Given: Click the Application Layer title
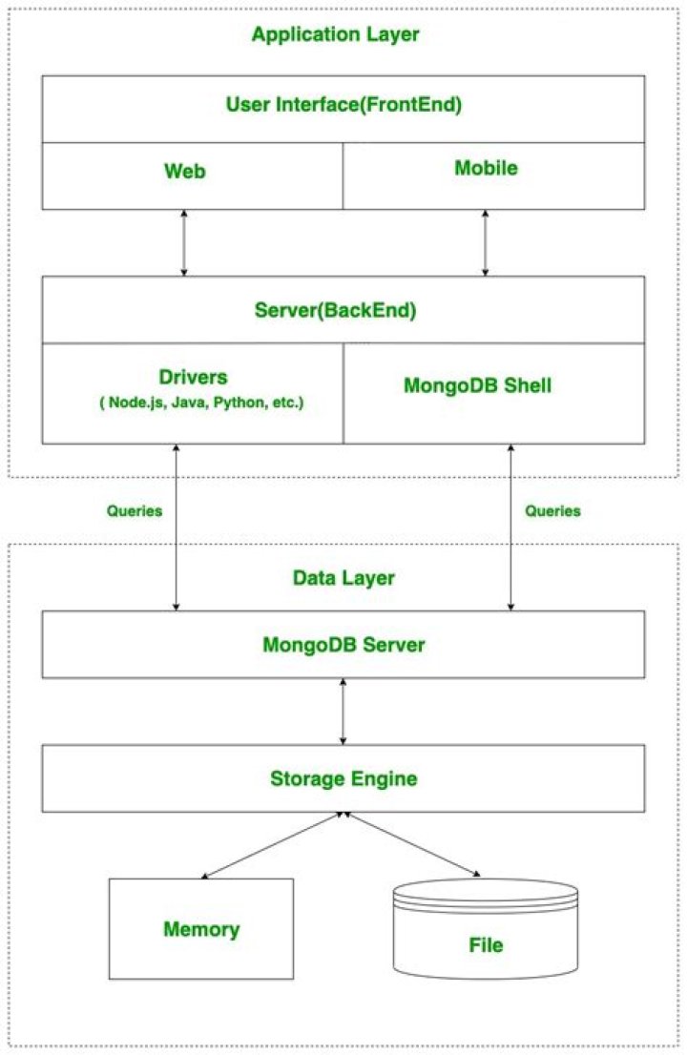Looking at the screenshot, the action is (x=335, y=34).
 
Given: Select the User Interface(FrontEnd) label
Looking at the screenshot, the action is (x=343, y=104).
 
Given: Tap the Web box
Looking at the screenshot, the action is (x=193, y=176).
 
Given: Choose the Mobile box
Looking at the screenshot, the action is (x=494, y=176).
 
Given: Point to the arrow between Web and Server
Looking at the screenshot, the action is (x=184, y=243).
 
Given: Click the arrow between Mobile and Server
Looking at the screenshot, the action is (x=485, y=243).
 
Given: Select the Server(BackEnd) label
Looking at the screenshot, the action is (x=335, y=310).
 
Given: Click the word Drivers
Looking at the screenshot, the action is (x=193, y=377).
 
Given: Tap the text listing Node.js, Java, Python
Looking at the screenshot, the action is (x=202, y=403).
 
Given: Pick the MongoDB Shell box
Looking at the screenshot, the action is (x=494, y=394).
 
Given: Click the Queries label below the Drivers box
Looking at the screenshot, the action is (x=135, y=510).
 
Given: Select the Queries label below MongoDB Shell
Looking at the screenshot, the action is (x=552, y=510).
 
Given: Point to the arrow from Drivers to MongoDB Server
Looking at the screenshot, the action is (x=177, y=527).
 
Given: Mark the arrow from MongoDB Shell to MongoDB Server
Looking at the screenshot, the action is (x=510, y=527).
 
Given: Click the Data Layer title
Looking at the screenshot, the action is (x=343, y=578).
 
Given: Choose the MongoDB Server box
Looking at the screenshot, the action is (x=343, y=645).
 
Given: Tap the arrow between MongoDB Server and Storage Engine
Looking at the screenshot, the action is (x=343, y=712).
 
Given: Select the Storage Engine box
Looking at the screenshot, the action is (x=343, y=778).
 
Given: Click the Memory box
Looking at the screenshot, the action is (x=201, y=928).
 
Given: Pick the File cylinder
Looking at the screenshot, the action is (x=485, y=928).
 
